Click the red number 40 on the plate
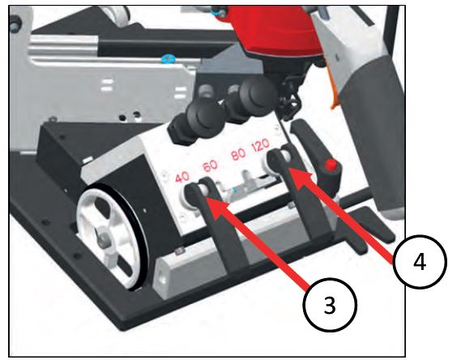[x=182, y=178]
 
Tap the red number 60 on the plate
[x=211, y=166]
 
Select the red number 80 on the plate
[x=238, y=154]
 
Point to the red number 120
[x=261, y=144]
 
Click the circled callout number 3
[x=330, y=305]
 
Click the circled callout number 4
[x=420, y=261]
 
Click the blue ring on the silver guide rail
[x=167, y=59]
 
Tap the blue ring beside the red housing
[x=216, y=12]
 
